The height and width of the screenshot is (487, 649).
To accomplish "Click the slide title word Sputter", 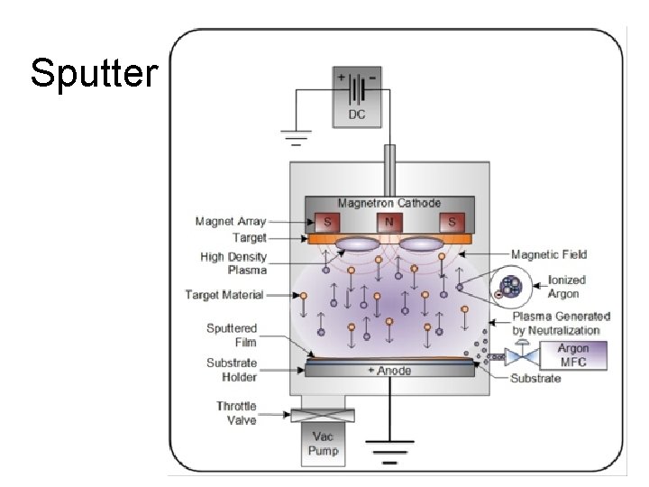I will coord(93,73).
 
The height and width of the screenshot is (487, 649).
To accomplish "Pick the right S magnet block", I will coord(448,222).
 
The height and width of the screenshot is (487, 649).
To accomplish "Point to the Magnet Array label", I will coord(230,221).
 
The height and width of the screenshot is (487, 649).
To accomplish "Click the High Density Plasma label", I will coord(233,262).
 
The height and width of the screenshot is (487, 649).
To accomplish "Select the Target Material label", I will coord(224,295).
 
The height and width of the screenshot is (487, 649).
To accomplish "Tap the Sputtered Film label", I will coord(232,335).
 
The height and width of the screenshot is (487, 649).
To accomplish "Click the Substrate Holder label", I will coord(232,370).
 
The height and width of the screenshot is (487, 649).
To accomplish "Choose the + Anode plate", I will coord(389,371).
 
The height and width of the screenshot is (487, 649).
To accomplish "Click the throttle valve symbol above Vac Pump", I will coord(321,415).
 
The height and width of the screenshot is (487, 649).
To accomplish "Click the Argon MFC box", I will coord(572,355).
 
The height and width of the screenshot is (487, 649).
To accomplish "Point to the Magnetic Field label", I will coord(548,255).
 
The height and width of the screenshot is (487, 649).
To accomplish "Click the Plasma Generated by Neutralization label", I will coord(561,323).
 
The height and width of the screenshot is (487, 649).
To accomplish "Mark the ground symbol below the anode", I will coord(389,446).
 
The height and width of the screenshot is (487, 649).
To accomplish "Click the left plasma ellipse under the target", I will coord(359,243).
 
